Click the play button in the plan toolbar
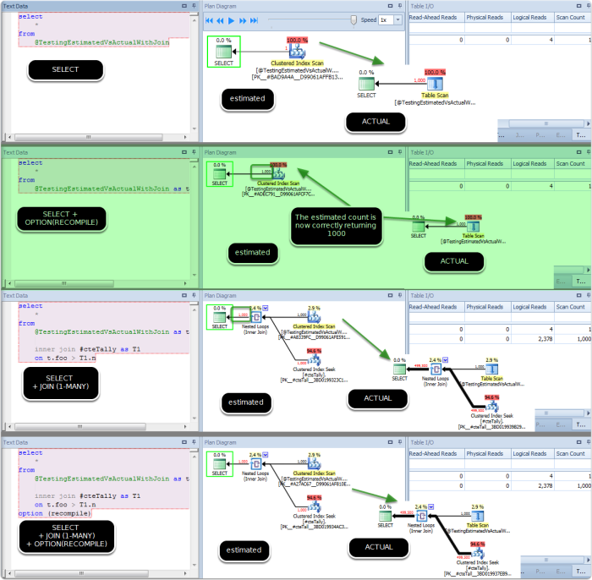coord(232,19)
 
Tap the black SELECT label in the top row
coord(65,69)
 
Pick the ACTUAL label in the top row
coord(376,121)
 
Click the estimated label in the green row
coord(252,252)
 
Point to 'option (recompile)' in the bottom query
coord(49,513)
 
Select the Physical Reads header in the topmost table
coord(484,17)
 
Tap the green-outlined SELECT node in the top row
coord(223,51)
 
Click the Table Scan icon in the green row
coord(477,224)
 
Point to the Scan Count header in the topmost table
coord(572,17)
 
